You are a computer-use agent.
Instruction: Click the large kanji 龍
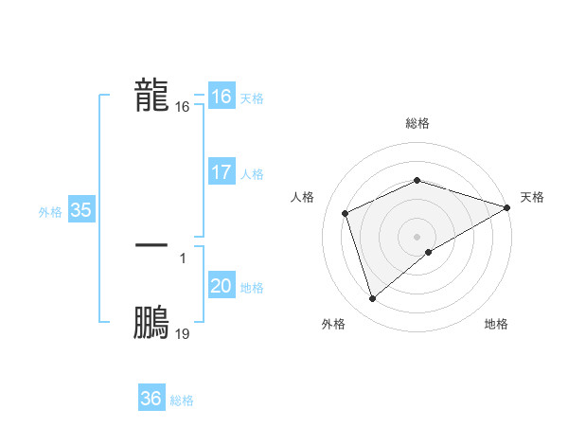[x=151, y=96]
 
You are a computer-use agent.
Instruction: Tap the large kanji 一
[x=151, y=245]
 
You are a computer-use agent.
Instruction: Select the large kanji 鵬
[x=151, y=322]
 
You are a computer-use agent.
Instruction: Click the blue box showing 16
[x=221, y=96]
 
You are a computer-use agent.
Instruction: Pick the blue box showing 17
[x=221, y=172]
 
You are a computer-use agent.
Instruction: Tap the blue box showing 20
[x=221, y=286]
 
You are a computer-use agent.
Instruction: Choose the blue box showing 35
[x=80, y=210]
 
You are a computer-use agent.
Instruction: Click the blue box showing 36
[x=151, y=399]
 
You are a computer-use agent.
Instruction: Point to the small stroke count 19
[x=183, y=334]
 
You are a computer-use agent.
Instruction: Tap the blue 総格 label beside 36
[x=182, y=400]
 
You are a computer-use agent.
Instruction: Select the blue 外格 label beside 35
[x=50, y=212]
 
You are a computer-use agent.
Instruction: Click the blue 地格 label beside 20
[x=252, y=288]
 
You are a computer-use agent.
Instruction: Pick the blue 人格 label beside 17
[x=252, y=174]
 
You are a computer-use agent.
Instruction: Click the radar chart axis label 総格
[x=417, y=123]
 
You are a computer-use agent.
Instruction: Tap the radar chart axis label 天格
[x=532, y=197]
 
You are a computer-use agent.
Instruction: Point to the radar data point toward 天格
[x=507, y=206]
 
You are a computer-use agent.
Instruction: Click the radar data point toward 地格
[x=429, y=252]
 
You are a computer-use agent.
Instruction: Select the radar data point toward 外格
[x=372, y=299]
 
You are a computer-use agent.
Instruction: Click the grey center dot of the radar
[x=417, y=236]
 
